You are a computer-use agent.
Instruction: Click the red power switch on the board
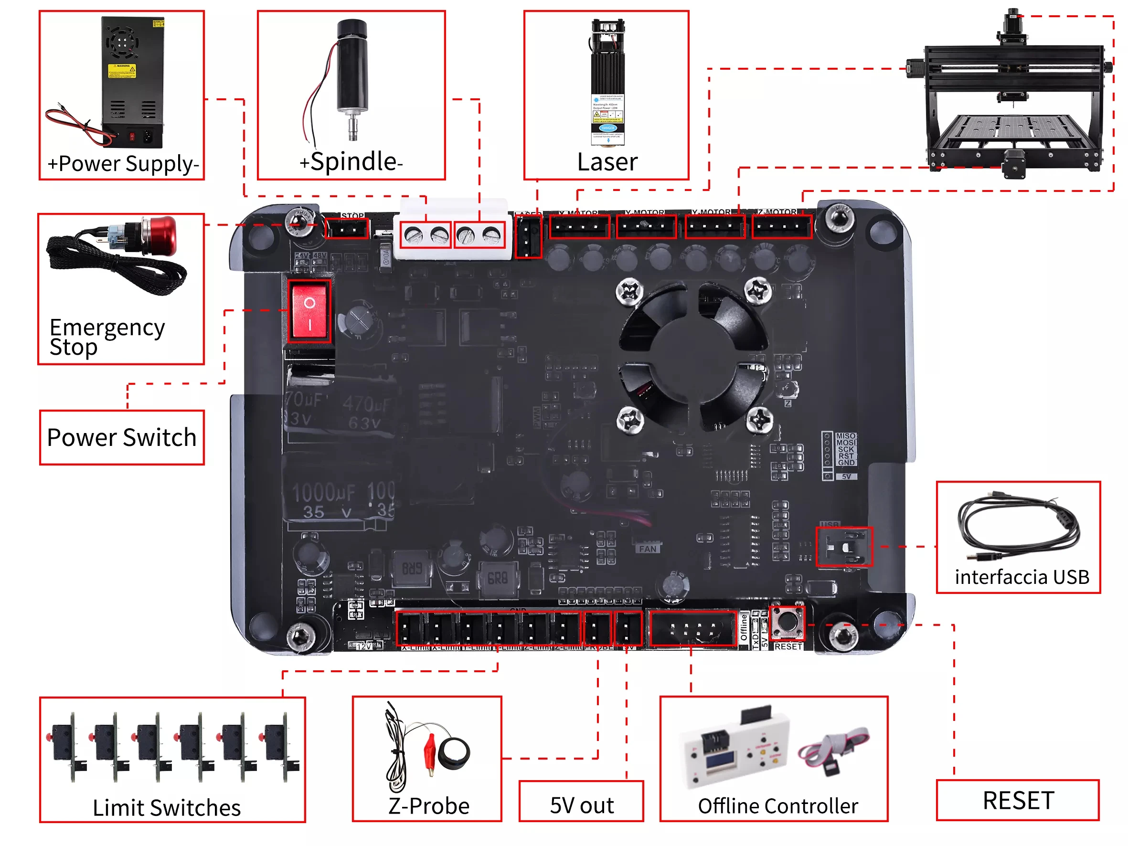click(x=309, y=311)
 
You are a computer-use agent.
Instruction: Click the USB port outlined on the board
click(x=844, y=547)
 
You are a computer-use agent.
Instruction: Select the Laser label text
click(x=607, y=162)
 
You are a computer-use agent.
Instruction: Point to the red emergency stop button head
click(x=164, y=235)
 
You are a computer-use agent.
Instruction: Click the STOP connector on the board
click(x=347, y=229)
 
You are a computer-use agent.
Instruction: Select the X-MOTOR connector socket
click(x=579, y=227)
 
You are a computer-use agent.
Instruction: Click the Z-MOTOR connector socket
click(x=782, y=227)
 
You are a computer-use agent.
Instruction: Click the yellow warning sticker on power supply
click(x=122, y=72)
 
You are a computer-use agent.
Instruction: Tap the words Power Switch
click(x=121, y=437)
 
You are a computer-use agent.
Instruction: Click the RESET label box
click(x=1017, y=800)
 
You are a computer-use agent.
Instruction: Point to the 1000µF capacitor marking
click(x=323, y=493)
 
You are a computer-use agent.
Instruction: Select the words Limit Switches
click(x=166, y=807)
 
